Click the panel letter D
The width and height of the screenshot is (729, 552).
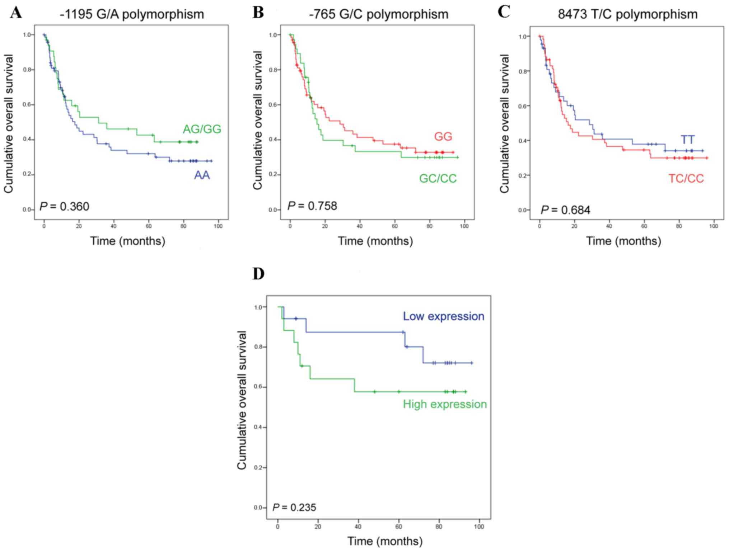258,274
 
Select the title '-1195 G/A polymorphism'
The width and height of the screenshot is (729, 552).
132,15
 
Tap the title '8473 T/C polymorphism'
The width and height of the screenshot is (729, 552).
628,15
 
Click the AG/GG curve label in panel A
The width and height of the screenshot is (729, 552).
202,129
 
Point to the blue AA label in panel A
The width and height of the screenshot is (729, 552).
202,175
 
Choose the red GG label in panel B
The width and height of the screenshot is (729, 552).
443,137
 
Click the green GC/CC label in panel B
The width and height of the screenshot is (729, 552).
438,179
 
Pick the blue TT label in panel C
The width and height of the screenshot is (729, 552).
687,140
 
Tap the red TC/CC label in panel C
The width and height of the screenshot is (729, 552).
686,179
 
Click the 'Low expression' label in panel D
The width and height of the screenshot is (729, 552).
443,316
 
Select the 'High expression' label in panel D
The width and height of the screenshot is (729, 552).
445,404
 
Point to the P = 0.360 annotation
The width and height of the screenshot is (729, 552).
64,207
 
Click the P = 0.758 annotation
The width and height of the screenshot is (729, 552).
312,206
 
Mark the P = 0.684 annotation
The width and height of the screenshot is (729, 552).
565,210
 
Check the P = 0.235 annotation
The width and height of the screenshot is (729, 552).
294,508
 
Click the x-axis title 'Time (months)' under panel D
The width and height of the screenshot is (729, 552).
385,541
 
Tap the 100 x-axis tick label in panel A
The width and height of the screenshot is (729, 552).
218,226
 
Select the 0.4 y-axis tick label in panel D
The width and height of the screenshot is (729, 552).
258,428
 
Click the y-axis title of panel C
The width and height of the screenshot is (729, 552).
504,124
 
